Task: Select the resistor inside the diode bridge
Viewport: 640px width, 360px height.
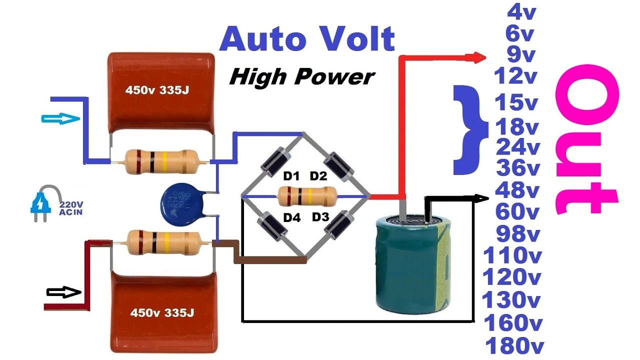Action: pyautogui.click(x=306, y=196)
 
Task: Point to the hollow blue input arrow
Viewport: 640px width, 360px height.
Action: pyautogui.click(x=60, y=118)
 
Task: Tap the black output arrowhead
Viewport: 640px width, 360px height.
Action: pyautogui.click(x=482, y=198)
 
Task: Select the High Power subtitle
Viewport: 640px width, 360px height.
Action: pyautogui.click(x=302, y=77)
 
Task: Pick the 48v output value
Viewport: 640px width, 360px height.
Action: pyautogui.click(x=517, y=190)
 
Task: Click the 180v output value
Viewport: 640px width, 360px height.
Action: pyautogui.click(x=513, y=345)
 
